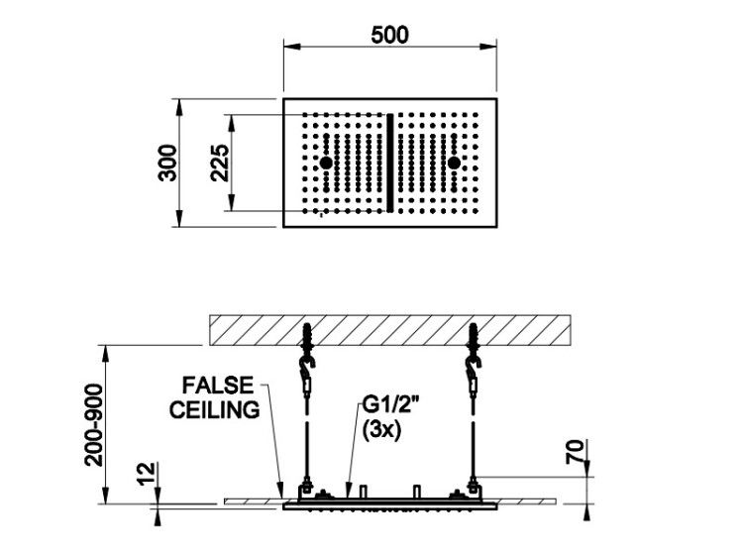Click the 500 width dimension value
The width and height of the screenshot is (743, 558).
[x=389, y=35]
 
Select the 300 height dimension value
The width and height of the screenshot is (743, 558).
[x=167, y=163]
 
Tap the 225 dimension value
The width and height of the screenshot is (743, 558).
[x=220, y=163]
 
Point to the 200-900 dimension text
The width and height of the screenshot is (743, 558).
[x=94, y=425]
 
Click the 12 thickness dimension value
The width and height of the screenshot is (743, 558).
[x=148, y=473]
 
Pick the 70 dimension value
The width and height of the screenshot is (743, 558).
[x=575, y=451]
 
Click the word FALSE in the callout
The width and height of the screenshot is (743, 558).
[x=218, y=386]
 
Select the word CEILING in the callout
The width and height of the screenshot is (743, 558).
[x=215, y=409]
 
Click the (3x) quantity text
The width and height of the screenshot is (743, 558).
[x=381, y=430]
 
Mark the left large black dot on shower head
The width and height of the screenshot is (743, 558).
[x=326, y=163]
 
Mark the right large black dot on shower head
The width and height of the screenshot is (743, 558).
[x=454, y=163]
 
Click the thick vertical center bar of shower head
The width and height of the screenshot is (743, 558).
[x=390, y=163]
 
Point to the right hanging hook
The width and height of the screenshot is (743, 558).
[x=473, y=365]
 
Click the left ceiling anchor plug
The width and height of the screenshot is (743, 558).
[x=308, y=336]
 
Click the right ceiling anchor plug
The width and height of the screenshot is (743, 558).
[x=475, y=336]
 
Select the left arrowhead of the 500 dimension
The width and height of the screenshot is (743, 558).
[x=292, y=47]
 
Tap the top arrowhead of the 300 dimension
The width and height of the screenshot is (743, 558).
[x=179, y=107]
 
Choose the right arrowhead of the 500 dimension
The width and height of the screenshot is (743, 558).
[x=488, y=47]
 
